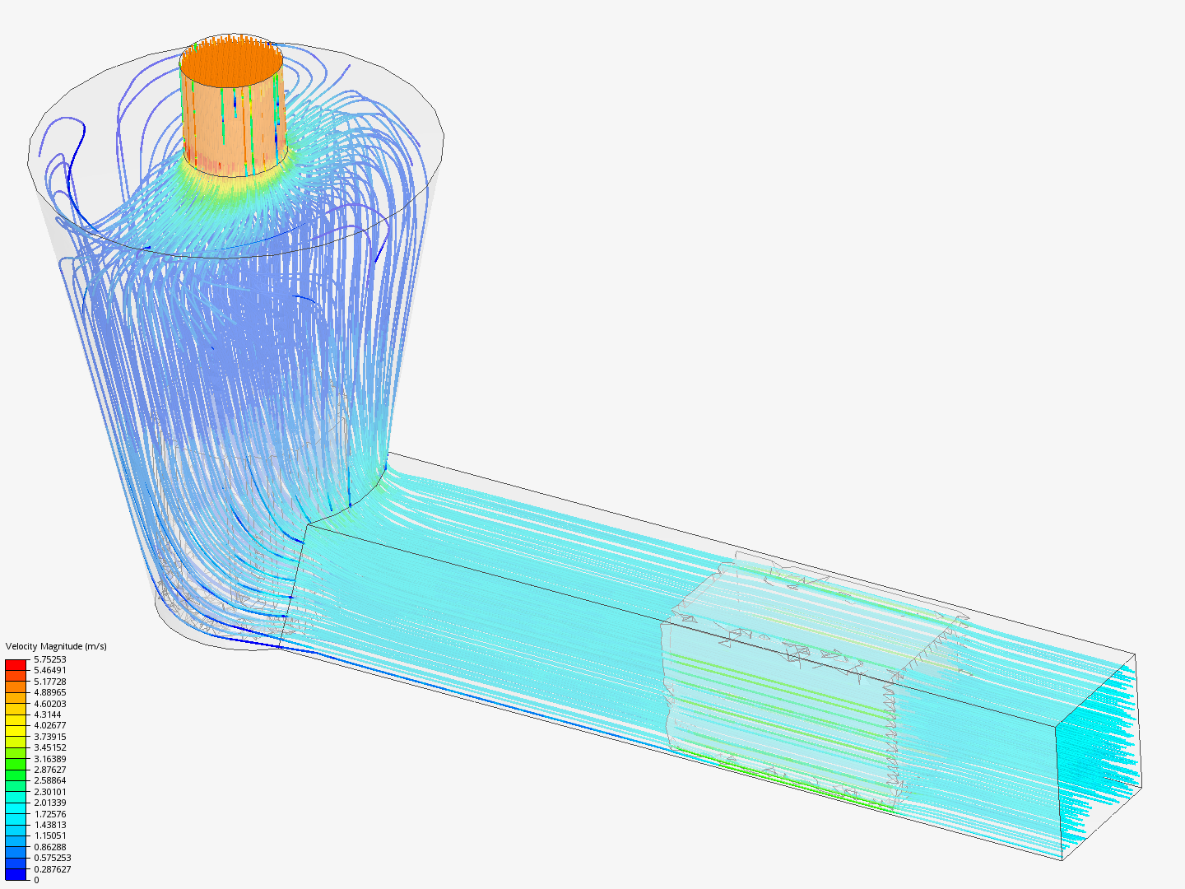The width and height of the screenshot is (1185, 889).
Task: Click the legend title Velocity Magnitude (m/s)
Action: (56, 646)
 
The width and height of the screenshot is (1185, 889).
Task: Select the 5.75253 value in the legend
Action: (49, 659)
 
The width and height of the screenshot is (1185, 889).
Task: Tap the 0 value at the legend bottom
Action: (36, 880)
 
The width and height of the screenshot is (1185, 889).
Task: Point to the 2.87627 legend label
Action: (49, 770)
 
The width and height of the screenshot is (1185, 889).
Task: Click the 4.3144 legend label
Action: (48, 714)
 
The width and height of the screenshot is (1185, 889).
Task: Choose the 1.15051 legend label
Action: (49, 835)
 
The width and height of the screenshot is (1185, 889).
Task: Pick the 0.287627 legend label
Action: (53, 869)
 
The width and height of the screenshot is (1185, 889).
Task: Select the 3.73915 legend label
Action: (49, 737)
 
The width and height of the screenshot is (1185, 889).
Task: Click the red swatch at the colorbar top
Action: (16, 664)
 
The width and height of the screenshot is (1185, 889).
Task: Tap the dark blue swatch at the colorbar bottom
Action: (16, 874)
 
